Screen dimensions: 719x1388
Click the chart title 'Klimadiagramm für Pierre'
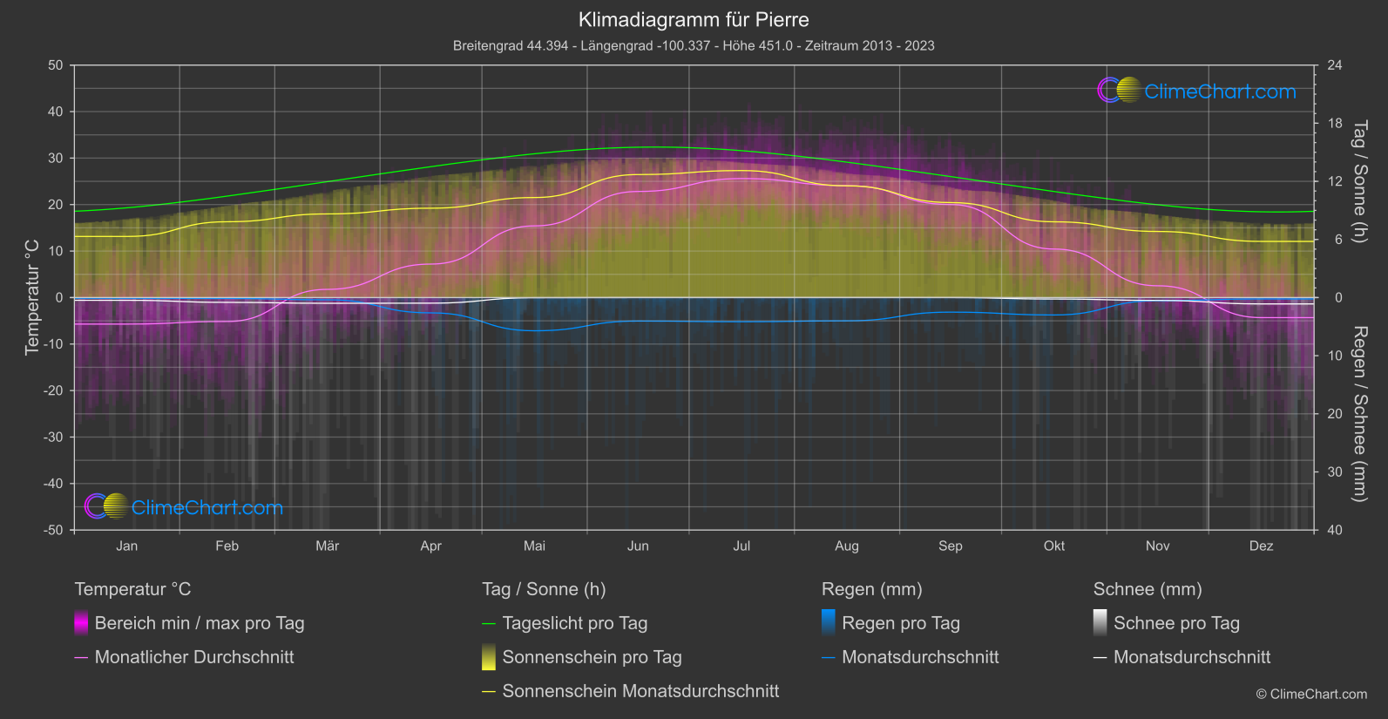click(694, 20)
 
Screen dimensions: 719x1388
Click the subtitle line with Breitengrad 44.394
click(694, 45)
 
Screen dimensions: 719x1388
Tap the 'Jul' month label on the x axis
click(741, 546)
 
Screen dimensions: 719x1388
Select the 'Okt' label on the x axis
click(1054, 546)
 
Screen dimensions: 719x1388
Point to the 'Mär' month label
click(328, 546)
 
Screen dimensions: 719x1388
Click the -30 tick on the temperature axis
click(54, 438)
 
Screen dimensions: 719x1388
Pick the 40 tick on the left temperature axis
click(56, 112)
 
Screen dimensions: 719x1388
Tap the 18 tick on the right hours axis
click(1335, 124)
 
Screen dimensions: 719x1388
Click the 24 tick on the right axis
click(1335, 65)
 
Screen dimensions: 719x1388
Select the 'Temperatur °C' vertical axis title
click(32, 297)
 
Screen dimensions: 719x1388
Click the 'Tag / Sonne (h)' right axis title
click(1358, 181)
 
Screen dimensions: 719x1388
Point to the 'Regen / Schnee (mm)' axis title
click(1358, 414)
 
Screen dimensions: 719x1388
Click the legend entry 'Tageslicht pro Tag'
click(575, 623)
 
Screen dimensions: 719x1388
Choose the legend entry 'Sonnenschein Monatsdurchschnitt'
click(640, 691)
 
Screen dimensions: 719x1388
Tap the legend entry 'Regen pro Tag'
click(901, 623)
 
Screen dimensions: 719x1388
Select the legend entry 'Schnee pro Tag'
click(1176, 623)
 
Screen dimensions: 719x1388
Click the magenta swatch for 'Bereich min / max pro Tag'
click(81, 623)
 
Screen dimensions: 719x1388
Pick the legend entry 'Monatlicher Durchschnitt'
click(194, 657)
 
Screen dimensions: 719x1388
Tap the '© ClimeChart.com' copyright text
click(1311, 695)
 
